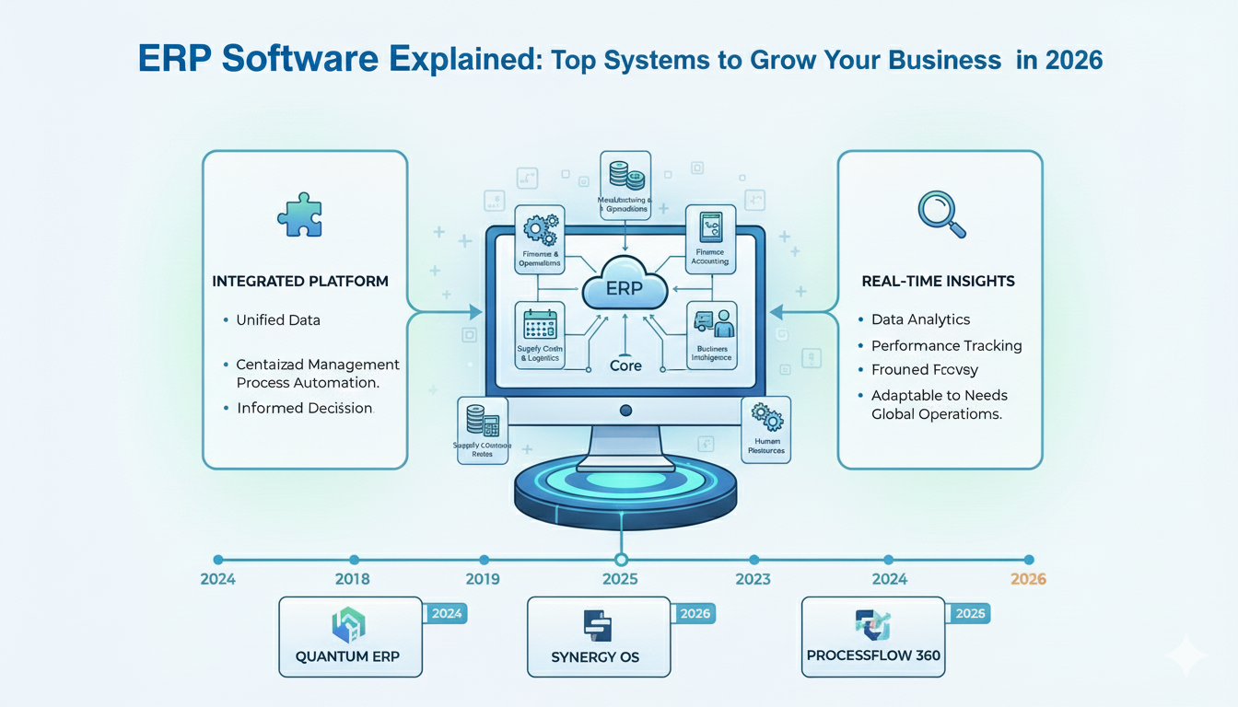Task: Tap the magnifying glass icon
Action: tap(940, 214)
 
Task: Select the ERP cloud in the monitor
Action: tap(625, 287)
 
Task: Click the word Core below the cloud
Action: tap(625, 365)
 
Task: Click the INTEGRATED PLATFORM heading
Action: tap(300, 281)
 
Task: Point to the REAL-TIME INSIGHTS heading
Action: tap(940, 281)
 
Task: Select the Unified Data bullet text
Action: tap(279, 319)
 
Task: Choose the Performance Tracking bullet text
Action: tap(947, 346)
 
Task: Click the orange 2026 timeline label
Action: tap(1028, 579)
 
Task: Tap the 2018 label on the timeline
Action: tap(353, 579)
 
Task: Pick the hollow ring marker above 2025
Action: tap(621, 559)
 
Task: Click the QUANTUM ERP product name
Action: tap(347, 657)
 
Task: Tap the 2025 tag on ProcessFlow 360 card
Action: tap(970, 614)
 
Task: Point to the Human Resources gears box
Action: tap(765, 429)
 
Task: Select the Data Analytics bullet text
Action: tap(921, 319)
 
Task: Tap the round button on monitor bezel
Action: tap(625, 410)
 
